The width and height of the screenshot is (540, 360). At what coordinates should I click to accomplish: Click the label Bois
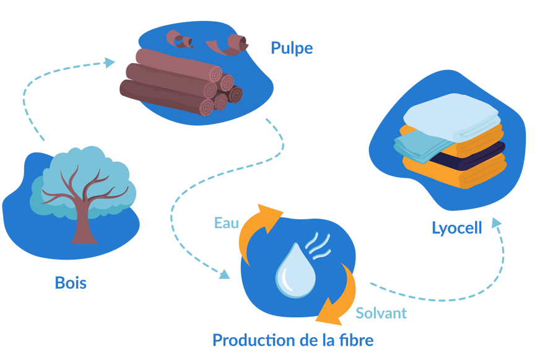pyautogui.click(x=71, y=283)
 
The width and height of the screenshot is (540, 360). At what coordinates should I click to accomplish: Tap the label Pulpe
pyautogui.click(x=291, y=48)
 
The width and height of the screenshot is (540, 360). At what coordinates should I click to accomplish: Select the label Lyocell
pyautogui.click(x=456, y=229)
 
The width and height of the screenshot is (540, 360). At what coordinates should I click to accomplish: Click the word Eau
pyautogui.click(x=227, y=223)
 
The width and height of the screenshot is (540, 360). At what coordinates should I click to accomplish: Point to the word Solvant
pyautogui.click(x=380, y=313)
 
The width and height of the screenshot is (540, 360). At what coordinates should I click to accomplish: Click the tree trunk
pyautogui.click(x=83, y=226)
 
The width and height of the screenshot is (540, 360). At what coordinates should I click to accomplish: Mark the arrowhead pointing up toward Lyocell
pyautogui.click(x=495, y=222)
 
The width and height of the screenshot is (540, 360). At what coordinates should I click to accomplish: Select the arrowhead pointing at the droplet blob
pyautogui.click(x=224, y=273)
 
